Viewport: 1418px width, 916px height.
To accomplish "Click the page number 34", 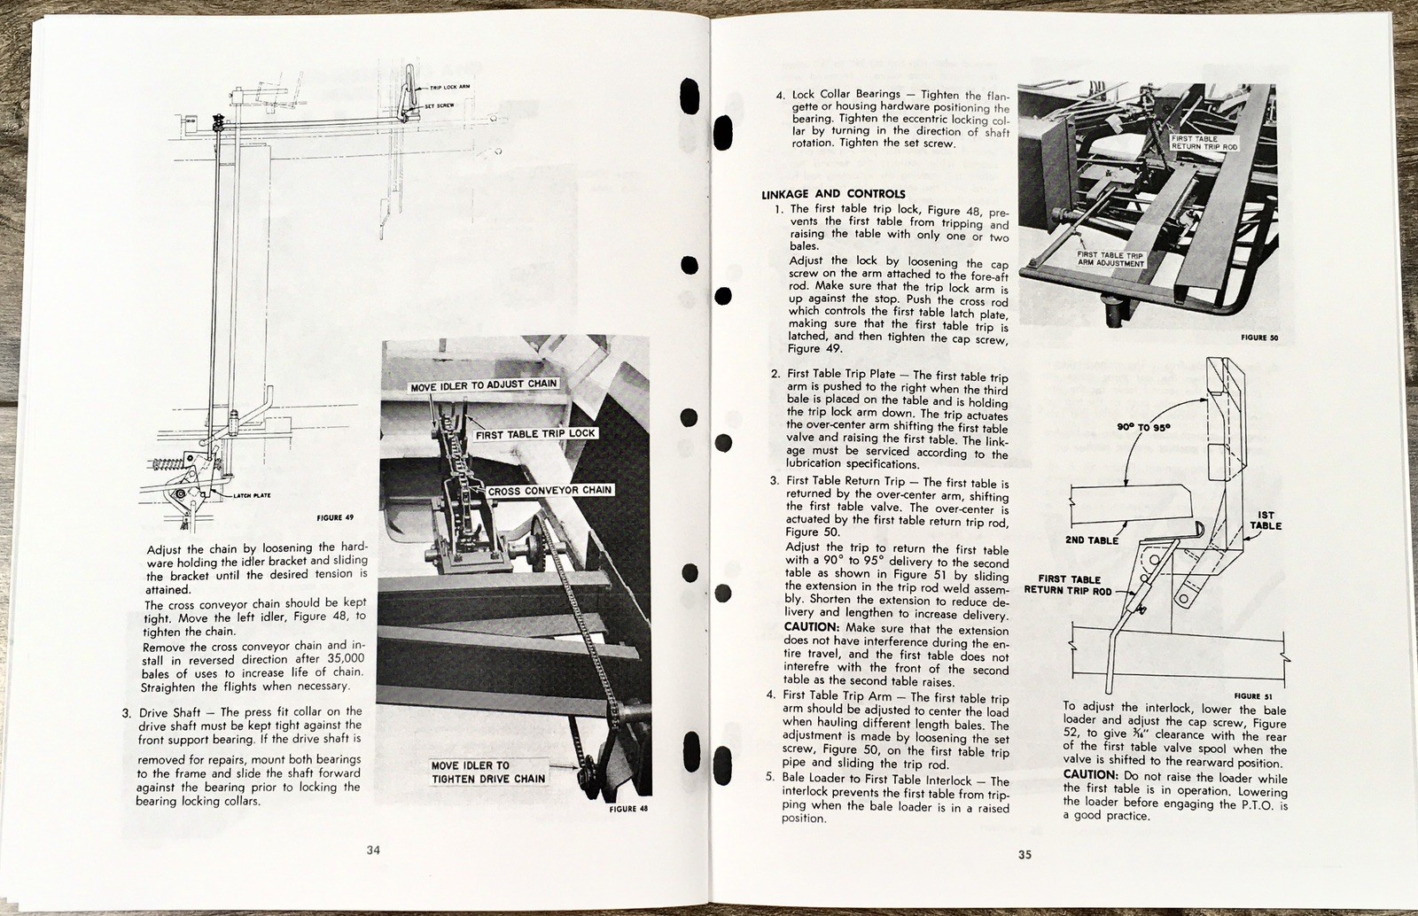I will click(373, 850).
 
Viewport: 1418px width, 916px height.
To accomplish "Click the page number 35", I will click(1025, 855).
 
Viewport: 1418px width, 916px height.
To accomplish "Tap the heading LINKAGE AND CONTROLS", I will click(833, 194).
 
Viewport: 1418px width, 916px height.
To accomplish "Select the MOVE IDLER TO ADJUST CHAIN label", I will click(484, 384).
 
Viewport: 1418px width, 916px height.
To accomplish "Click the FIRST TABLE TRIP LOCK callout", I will click(535, 434).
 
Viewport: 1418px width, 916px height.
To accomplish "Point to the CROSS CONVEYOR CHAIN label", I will click(549, 490).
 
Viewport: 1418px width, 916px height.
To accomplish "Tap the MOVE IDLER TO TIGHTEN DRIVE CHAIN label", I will click(487, 772).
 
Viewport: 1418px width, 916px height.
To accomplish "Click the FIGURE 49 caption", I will click(335, 517).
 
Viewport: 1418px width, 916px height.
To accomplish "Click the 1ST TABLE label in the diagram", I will click(1265, 520).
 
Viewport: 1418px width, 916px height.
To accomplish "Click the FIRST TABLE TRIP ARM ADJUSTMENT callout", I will click(1110, 259).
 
